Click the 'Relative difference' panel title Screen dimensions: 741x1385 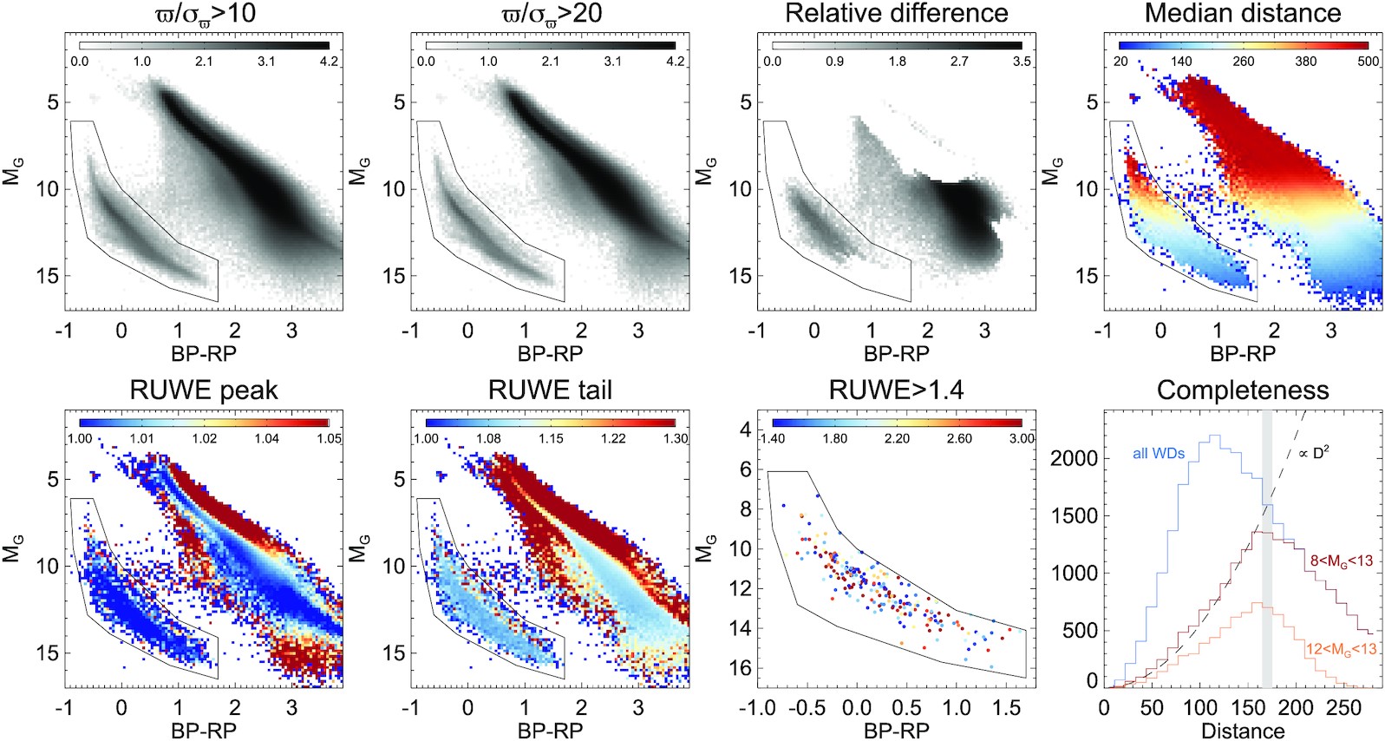click(x=896, y=14)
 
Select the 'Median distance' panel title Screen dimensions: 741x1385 click(x=1243, y=14)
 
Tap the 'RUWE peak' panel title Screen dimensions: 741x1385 click(x=204, y=390)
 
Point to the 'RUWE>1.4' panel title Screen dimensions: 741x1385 click(x=896, y=390)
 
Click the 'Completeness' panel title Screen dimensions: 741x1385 click(x=1243, y=390)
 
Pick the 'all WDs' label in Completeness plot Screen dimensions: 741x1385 click(x=1158, y=453)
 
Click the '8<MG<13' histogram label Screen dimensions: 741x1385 click(x=1341, y=561)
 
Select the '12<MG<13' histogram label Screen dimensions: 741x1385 click(x=1341, y=649)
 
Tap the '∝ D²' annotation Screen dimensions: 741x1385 click(x=1314, y=453)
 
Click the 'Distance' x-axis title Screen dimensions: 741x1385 click(x=1243, y=731)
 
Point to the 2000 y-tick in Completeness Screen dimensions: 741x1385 click(x=1074, y=458)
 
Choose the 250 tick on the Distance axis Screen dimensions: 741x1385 click(x=1343, y=708)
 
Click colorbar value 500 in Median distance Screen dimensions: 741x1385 click(x=1368, y=62)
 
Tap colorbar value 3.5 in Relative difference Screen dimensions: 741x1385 click(x=1022, y=62)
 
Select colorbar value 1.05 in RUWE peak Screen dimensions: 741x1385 click(x=329, y=438)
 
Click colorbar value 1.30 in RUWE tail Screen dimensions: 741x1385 click(x=675, y=438)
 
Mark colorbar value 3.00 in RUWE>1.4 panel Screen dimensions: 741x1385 click(x=1022, y=438)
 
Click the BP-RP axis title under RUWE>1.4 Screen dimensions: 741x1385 click(x=896, y=731)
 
